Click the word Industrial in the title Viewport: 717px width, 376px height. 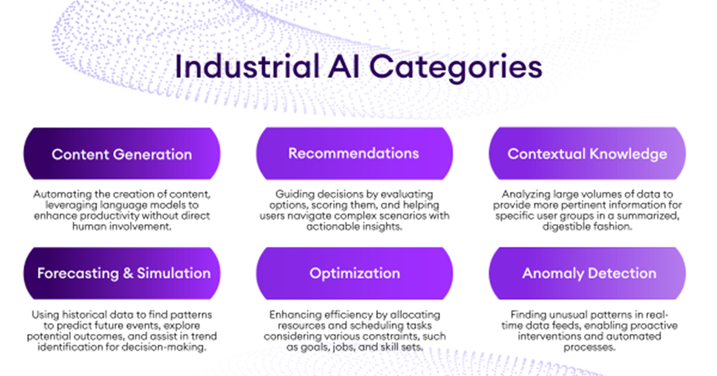(x=247, y=66)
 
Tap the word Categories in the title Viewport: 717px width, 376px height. (x=455, y=69)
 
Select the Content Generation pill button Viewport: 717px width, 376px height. (x=122, y=154)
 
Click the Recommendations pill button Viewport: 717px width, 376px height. (x=354, y=154)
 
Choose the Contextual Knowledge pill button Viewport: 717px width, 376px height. (x=587, y=154)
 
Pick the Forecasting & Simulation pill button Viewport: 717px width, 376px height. (x=122, y=273)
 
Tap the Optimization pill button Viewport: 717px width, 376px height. (x=354, y=273)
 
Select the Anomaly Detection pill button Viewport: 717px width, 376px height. (x=587, y=273)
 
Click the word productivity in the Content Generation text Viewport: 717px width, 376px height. (x=112, y=216)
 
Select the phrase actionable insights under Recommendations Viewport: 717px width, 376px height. (x=354, y=227)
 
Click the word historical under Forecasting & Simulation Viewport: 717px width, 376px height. (x=86, y=315)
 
